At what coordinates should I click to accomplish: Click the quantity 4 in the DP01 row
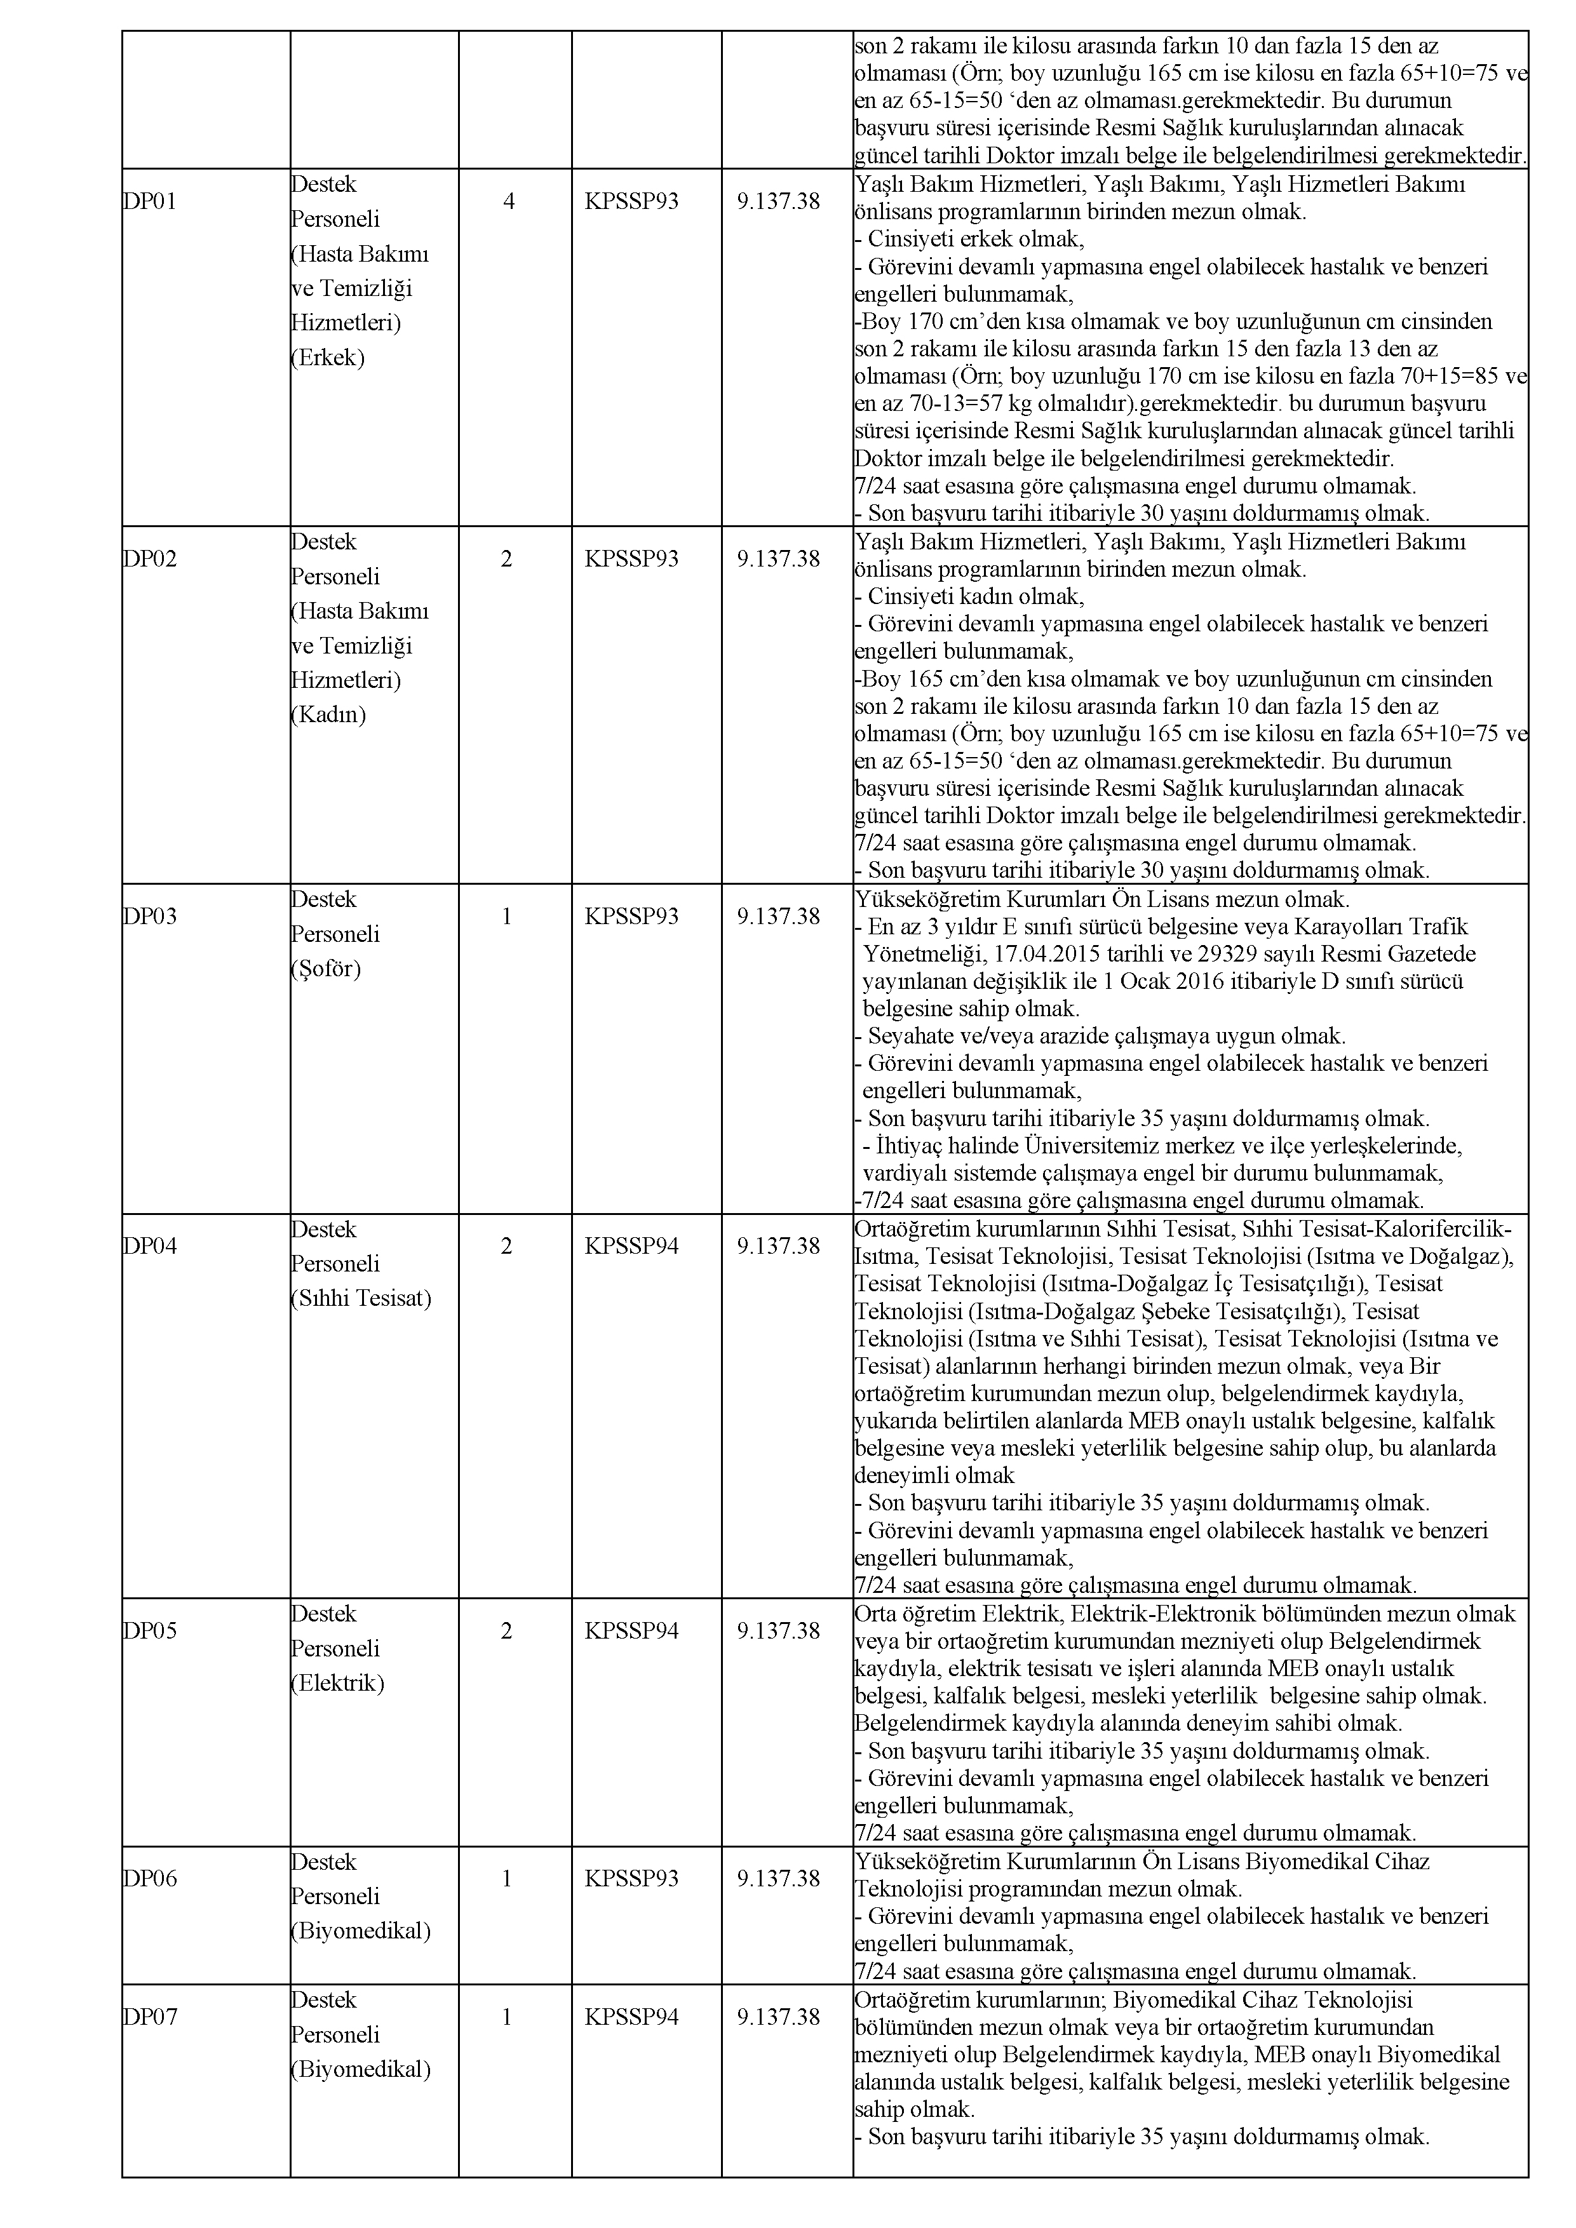(x=509, y=202)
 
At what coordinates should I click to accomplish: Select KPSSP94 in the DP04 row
(x=632, y=1247)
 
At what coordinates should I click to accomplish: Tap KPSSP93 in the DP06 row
(x=632, y=1879)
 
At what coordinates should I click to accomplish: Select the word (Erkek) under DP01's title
(x=328, y=358)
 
